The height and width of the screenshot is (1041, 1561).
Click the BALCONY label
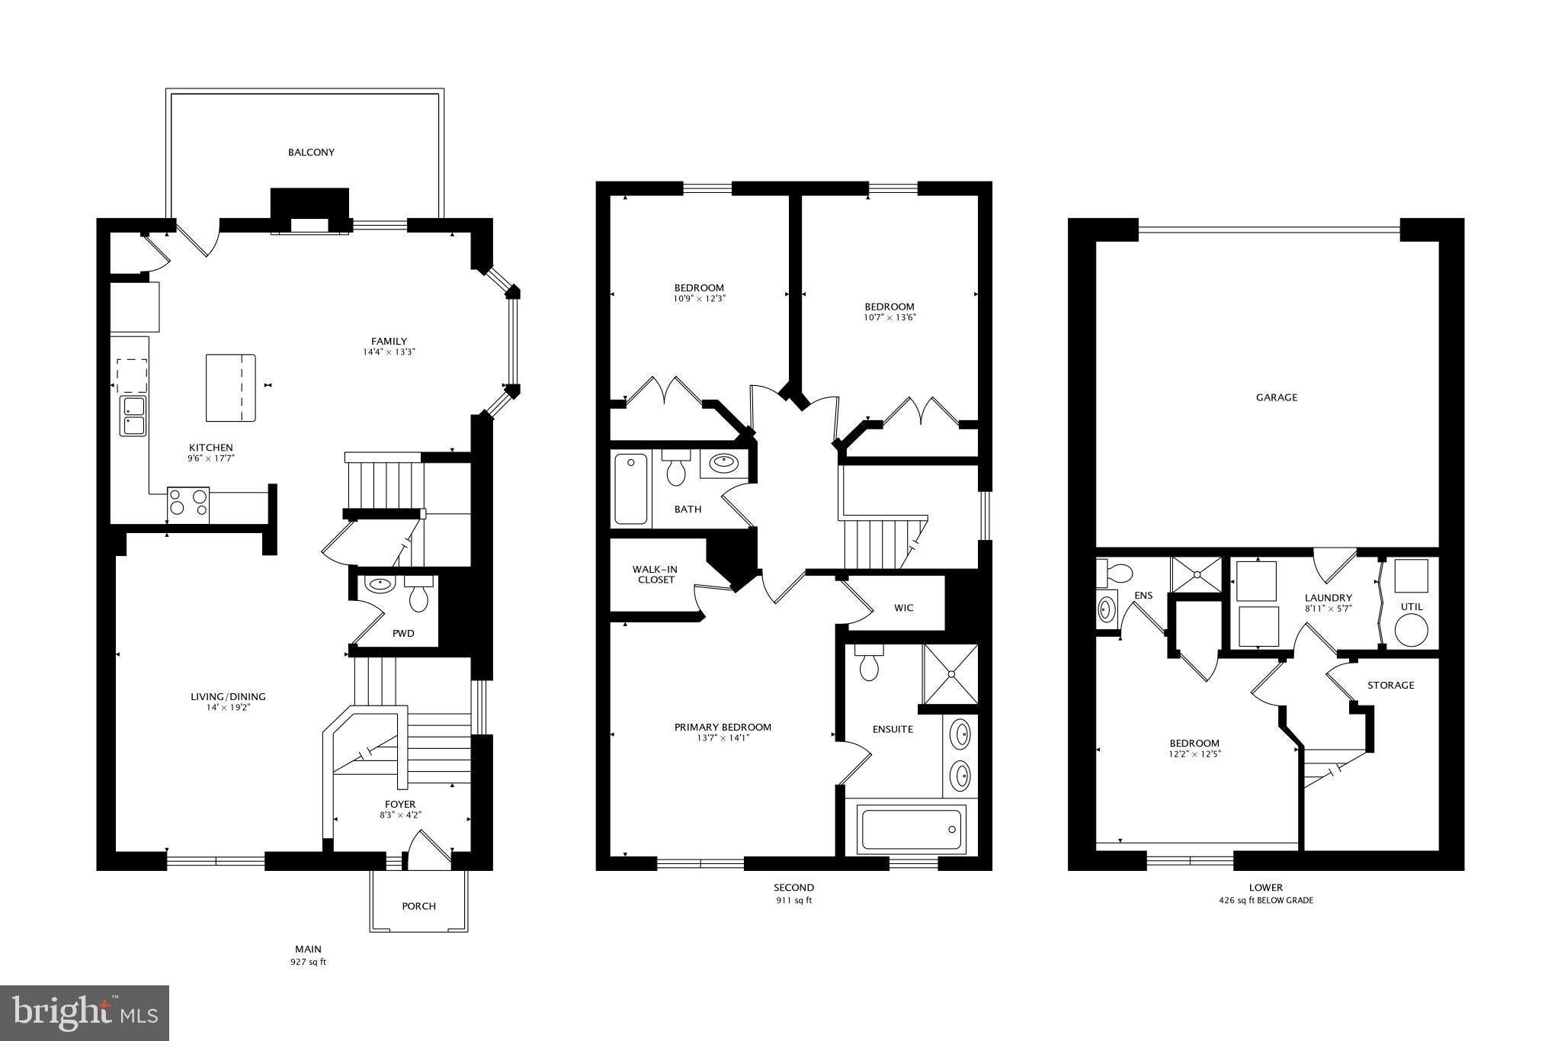coord(311,153)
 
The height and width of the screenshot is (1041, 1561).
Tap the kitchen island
coord(231,387)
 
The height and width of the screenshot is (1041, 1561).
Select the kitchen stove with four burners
coord(188,504)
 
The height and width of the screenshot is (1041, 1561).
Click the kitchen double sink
coord(133,416)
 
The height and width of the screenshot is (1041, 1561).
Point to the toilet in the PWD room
coord(418,593)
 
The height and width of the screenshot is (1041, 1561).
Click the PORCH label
coord(419,906)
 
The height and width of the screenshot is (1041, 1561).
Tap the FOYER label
coord(400,804)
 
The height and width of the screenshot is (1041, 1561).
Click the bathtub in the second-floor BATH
coord(630,488)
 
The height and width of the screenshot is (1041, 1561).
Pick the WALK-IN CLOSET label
coord(654,574)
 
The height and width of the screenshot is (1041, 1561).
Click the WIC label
coord(904,608)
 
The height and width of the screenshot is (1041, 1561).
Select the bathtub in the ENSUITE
coord(911,828)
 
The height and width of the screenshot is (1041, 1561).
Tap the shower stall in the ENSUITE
coord(950,674)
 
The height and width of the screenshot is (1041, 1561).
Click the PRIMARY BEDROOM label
coord(723,728)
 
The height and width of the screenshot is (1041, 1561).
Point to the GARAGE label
coord(1277,397)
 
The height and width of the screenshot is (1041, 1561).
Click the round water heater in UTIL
coord(1411,631)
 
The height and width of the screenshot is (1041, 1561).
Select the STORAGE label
coord(1390,685)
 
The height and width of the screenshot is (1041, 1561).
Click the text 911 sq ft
coord(793,901)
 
